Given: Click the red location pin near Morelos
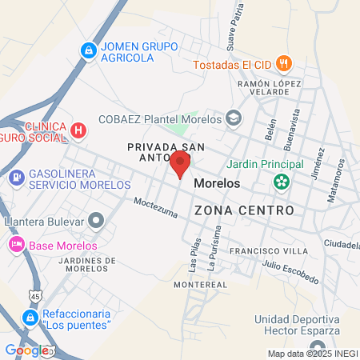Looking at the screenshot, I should [180, 166].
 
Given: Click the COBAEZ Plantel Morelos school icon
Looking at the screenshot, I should [234, 118].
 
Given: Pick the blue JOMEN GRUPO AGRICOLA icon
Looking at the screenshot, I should [88, 51].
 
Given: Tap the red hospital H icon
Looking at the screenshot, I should [78, 130].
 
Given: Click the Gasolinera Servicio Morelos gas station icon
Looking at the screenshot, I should [16, 177].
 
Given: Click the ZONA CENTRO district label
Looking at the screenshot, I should [244, 210].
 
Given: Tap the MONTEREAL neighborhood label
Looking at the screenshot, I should [201, 284].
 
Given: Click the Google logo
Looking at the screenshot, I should [26, 350].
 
